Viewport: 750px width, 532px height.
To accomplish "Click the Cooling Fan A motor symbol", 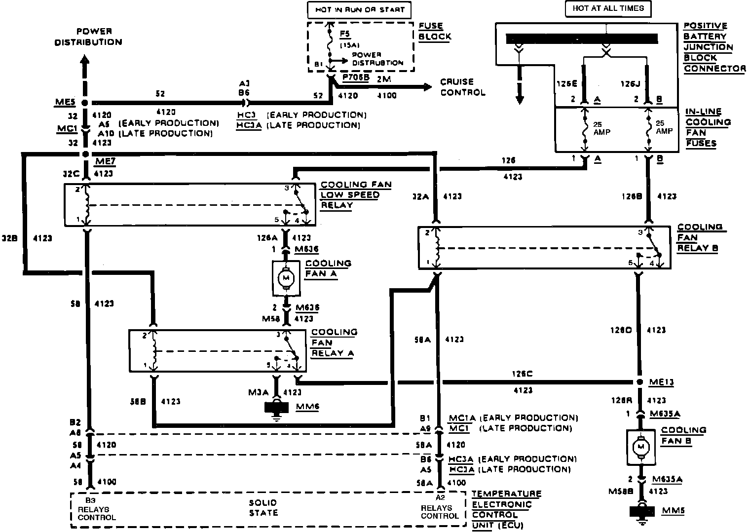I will coord(285,278).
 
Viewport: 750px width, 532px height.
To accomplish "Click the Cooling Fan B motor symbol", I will coord(641,447).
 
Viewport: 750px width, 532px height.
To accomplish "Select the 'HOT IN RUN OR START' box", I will coord(359,9).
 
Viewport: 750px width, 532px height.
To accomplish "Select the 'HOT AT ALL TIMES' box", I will coord(608,8).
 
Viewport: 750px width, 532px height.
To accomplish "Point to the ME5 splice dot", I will coord(84,103).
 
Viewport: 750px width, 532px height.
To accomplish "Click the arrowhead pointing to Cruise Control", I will coord(425,87).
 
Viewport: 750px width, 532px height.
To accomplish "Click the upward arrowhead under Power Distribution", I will coord(84,61).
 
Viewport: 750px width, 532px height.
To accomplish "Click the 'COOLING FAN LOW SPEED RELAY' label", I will coord(356,195).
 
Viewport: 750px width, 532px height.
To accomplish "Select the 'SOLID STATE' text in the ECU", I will coord(263,507).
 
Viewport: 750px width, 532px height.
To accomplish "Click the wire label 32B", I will coord(9,238).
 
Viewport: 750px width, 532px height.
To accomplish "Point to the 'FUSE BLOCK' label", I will coord(434,31).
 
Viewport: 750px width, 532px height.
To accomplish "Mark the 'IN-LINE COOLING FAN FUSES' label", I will coord(707,127).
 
